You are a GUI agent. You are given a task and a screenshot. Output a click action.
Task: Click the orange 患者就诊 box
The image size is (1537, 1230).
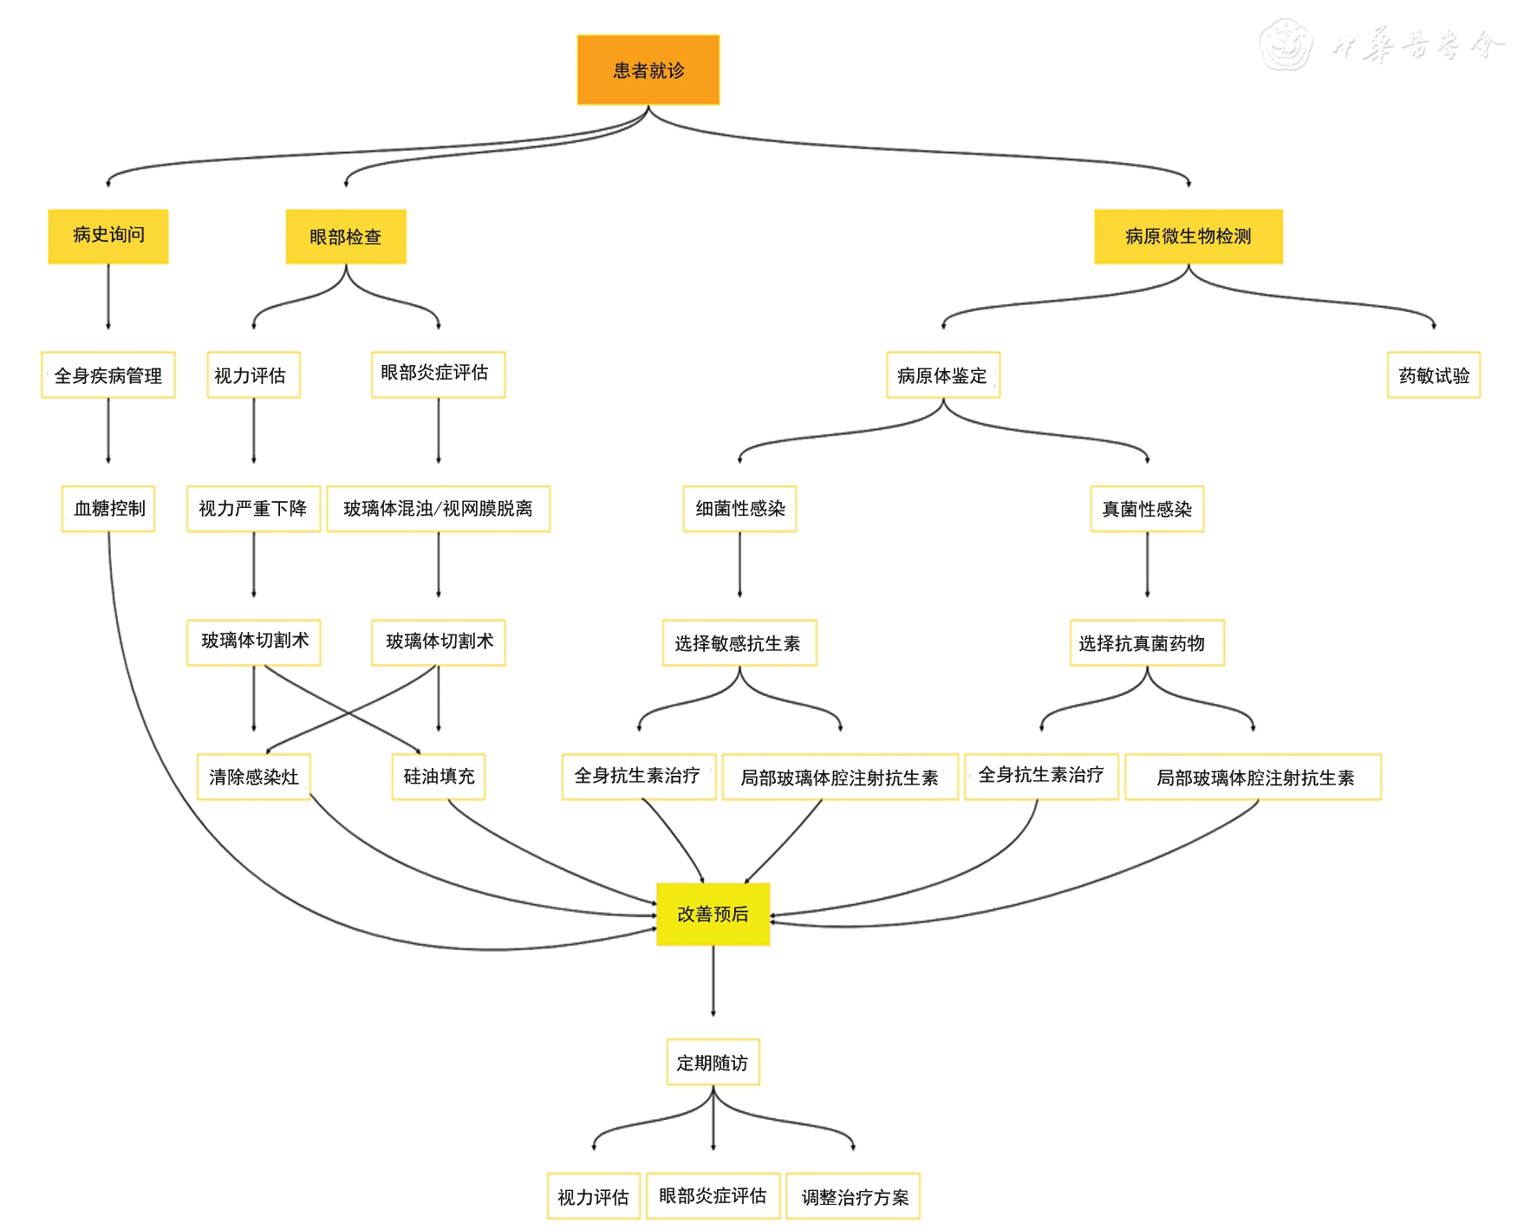click(648, 70)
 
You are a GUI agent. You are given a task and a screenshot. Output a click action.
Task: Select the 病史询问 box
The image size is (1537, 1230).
click(108, 236)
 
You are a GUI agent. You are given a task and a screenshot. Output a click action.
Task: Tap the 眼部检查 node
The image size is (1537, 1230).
click(346, 237)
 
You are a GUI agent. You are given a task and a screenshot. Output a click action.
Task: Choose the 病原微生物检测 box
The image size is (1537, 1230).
click(1188, 237)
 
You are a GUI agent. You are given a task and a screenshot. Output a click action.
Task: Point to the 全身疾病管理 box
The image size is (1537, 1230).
click(108, 375)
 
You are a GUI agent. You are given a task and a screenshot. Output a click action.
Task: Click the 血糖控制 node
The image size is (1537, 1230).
click(108, 509)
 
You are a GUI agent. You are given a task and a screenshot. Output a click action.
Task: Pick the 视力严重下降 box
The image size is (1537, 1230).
click(253, 509)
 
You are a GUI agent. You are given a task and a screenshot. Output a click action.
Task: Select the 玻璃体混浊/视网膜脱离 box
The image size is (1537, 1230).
click(438, 509)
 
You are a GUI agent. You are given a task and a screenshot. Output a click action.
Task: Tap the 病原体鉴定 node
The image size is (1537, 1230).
click(942, 375)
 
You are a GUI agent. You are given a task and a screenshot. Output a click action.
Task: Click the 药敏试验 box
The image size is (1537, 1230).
click(1434, 375)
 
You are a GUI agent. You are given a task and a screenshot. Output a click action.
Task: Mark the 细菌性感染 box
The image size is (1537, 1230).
click(739, 509)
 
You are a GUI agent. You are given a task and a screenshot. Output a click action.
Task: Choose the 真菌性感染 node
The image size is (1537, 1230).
click(1147, 509)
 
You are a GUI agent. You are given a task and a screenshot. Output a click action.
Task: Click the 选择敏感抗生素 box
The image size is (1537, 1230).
click(739, 643)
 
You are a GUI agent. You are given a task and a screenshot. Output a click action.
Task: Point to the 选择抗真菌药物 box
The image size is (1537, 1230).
click(1147, 643)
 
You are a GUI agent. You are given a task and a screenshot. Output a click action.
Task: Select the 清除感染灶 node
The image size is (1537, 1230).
click(253, 777)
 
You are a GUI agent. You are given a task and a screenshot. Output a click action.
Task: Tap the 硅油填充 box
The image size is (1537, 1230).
click(439, 777)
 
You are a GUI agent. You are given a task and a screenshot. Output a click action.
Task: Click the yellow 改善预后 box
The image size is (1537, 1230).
click(713, 914)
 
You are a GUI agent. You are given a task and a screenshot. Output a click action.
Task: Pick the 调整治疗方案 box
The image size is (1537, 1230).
click(854, 1197)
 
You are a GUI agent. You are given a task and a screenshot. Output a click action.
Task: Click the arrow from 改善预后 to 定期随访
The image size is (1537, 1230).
click(713, 979)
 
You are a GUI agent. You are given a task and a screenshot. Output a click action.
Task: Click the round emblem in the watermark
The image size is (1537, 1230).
click(1286, 45)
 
